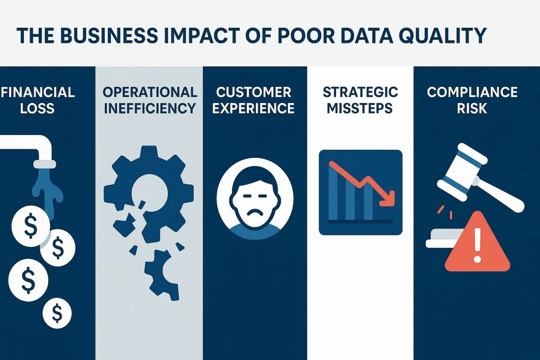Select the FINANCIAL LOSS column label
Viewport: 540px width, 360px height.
(x=37, y=100)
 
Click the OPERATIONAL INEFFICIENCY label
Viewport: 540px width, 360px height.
(x=150, y=100)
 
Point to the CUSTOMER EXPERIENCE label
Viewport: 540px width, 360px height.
(x=253, y=100)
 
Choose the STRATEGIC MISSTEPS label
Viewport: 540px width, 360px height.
(x=360, y=100)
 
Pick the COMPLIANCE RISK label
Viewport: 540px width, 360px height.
(x=472, y=100)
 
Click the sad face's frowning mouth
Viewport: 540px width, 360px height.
(x=255, y=213)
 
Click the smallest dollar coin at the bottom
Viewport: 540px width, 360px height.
(x=57, y=314)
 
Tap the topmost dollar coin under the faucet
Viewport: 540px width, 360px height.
(x=31, y=226)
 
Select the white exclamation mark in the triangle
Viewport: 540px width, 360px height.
(x=477, y=245)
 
